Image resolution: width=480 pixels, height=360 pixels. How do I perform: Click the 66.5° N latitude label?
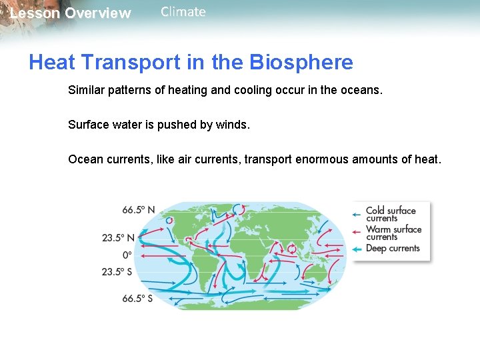(138, 210)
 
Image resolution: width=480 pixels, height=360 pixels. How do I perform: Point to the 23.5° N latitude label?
(118, 237)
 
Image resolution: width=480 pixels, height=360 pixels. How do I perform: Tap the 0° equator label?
(127, 255)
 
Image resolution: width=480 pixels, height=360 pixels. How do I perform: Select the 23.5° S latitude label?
(118, 271)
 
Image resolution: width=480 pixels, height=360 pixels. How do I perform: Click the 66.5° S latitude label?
(137, 299)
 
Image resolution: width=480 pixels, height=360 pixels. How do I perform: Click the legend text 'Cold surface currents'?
(390, 214)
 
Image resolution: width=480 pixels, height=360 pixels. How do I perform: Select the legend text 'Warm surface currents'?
(393, 233)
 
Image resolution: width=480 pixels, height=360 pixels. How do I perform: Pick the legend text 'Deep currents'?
(393, 249)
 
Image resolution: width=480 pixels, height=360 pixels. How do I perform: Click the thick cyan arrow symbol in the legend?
(357, 249)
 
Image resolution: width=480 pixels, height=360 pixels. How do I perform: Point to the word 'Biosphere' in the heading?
(301, 63)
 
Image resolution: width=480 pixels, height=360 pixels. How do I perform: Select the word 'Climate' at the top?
(183, 12)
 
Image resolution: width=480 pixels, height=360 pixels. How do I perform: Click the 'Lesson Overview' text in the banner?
(71, 13)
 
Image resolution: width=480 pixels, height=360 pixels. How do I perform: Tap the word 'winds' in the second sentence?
(231, 125)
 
